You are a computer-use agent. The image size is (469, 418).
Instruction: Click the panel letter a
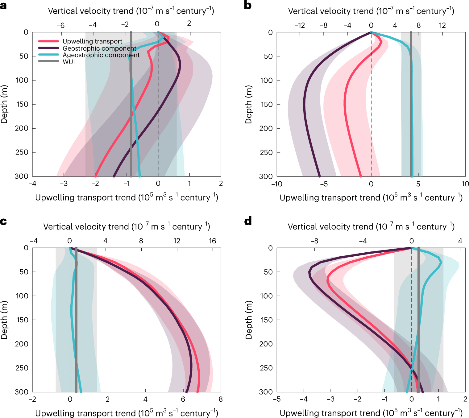[x=3, y=6]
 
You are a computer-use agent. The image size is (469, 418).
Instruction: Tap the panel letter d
[x=248, y=221]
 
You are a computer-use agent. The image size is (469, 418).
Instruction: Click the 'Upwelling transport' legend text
[x=92, y=41]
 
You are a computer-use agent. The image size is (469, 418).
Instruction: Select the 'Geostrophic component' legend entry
[x=99, y=48]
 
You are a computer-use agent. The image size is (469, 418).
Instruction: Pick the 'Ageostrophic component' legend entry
[x=101, y=55]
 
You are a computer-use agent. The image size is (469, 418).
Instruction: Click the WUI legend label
[x=68, y=62]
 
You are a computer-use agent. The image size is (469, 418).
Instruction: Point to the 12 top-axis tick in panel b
[x=442, y=25]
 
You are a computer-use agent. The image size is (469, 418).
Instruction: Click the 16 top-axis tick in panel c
[x=212, y=241]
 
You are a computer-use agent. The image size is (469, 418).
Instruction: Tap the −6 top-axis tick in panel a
[x=60, y=25]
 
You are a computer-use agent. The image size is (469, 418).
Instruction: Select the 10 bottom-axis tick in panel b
[x=465, y=184]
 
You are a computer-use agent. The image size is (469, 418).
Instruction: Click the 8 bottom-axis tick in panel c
[x=221, y=399]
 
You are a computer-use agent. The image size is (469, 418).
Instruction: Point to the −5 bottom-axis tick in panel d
[x=276, y=399]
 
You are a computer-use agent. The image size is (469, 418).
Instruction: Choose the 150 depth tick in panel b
[x=267, y=104]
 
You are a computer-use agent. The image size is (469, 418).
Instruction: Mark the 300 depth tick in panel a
[x=22, y=176]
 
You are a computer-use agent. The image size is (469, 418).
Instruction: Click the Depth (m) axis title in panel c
[x=4, y=320]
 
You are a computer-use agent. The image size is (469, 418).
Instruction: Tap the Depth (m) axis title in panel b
[x=249, y=104]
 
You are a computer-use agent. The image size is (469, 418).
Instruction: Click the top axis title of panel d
[x=371, y=227]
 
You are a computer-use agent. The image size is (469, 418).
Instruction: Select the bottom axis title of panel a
[x=127, y=197]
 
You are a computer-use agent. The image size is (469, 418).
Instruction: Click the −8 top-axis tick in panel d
[x=314, y=241]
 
